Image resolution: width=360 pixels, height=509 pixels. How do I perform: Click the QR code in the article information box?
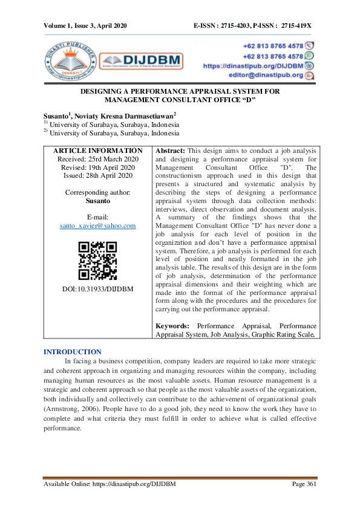(97, 261)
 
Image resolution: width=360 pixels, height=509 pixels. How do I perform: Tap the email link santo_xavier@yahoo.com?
(97, 225)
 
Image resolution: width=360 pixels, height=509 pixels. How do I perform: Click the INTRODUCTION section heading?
(73, 352)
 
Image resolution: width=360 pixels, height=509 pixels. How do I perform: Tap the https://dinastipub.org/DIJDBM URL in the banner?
(252, 65)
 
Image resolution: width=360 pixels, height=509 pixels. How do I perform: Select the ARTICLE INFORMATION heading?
(98, 151)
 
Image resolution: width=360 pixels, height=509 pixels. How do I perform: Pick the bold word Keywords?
(173, 325)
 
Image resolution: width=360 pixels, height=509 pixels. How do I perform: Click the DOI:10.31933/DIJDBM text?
(97, 289)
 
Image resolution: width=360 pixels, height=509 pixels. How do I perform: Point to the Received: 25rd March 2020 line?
(98, 159)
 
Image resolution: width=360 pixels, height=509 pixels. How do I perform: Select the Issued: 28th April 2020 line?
(98, 175)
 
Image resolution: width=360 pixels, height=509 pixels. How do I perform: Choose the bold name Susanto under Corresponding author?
(97, 200)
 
